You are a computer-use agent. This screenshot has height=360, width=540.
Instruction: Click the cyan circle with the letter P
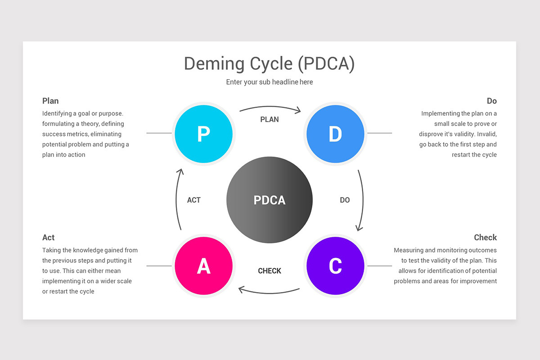coord(204,134)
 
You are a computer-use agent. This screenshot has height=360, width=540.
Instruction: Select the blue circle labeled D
coord(335,134)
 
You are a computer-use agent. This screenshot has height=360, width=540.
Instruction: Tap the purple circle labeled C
coord(335,265)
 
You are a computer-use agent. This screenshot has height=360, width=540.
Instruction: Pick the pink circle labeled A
coord(204,265)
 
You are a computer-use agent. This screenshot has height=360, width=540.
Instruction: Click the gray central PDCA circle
coord(270,200)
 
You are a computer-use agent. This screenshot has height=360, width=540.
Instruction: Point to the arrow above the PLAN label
coord(270,107)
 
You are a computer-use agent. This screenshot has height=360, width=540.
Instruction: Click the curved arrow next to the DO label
coord(363,200)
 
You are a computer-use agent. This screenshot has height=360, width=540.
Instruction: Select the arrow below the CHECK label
coord(269,293)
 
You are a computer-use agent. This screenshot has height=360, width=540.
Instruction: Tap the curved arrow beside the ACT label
coord(176,200)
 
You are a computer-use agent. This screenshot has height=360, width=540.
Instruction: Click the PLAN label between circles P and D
coord(270,119)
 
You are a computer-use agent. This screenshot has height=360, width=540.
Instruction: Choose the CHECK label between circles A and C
coord(270,271)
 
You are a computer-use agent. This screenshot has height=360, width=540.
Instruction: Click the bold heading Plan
coord(50,101)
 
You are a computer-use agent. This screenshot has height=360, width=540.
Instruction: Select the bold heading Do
coord(492,101)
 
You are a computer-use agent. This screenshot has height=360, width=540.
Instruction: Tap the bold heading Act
coord(49,238)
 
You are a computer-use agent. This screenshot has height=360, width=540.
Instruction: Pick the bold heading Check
coord(485,238)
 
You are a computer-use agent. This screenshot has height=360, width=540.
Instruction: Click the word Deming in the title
coord(214,63)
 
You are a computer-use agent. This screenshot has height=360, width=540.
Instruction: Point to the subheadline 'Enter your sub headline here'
coord(270,82)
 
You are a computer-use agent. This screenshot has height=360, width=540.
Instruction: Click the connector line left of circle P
coord(159,133)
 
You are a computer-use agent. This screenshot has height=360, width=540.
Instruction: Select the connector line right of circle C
coord(380,266)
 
